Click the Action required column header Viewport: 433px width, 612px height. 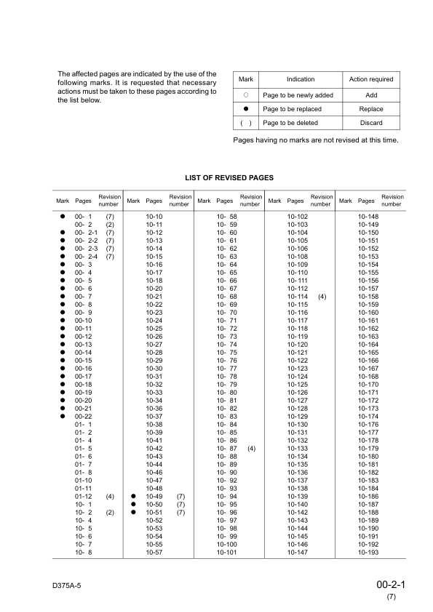click(x=371, y=79)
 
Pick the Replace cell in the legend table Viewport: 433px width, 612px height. click(x=371, y=109)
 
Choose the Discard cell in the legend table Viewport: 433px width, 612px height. click(x=371, y=124)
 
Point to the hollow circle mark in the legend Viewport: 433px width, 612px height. click(x=246, y=95)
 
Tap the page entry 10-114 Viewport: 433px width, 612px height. click(x=298, y=297)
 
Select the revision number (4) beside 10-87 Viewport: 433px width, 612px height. click(x=252, y=449)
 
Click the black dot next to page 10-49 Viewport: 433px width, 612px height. click(x=134, y=496)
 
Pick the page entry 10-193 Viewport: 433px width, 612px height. click(x=369, y=553)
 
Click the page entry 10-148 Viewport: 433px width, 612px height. click(x=369, y=217)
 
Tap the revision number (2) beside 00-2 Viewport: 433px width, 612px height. click(x=110, y=225)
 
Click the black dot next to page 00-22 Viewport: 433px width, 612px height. click(x=63, y=416)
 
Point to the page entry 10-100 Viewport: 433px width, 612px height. click(x=227, y=544)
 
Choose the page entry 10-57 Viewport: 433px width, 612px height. click(x=154, y=553)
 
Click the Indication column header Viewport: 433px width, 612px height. click(x=301, y=79)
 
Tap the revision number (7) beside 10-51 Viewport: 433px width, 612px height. click(x=181, y=512)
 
